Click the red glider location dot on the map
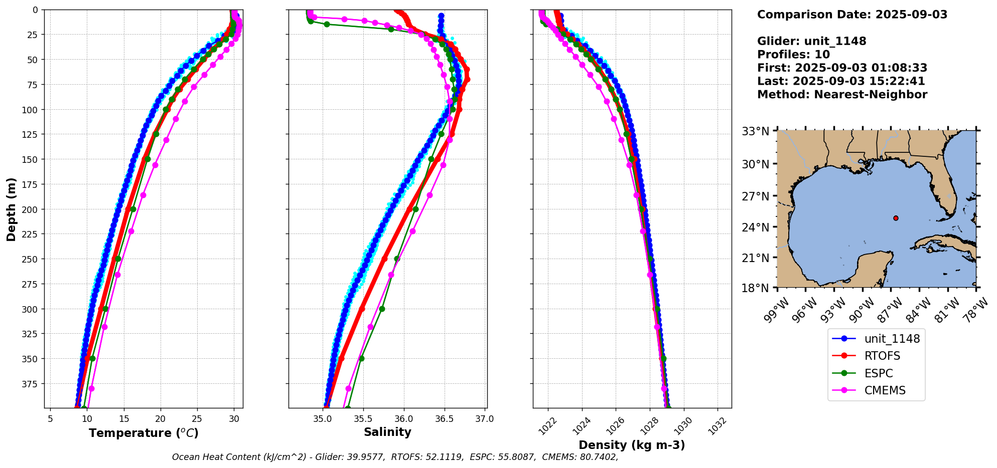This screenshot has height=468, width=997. (x=896, y=218)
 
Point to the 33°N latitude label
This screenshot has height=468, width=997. (x=756, y=131)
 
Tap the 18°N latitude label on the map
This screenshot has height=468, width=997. (x=756, y=288)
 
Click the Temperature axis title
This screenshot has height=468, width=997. (x=144, y=433)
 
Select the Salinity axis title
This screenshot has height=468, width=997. (x=387, y=432)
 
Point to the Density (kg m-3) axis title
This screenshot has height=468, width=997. (x=632, y=445)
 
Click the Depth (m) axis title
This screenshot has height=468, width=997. (x=11, y=209)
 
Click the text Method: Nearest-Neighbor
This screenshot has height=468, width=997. (x=842, y=95)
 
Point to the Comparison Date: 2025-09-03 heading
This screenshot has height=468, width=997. (x=852, y=15)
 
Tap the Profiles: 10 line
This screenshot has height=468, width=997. (x=793, y=55)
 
